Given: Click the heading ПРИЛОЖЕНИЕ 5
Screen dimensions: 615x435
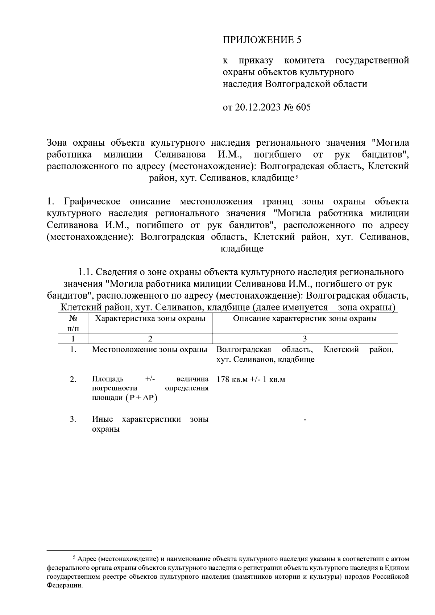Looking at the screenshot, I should tap(262, 40).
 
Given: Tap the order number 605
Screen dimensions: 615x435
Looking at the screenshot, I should tap(303, 108).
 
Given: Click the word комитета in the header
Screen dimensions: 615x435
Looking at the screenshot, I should tap(304, 60).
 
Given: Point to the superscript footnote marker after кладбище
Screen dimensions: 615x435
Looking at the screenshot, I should tap(296, 176).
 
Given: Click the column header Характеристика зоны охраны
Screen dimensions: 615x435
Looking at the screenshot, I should tap(150, 319).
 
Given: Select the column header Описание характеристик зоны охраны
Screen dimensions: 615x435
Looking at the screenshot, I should tap(304, 319).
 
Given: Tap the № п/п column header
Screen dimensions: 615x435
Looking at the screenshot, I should tap(73, 323).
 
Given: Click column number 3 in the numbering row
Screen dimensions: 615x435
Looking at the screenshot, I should tap(304, 338).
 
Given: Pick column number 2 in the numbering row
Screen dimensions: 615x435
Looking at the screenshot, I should tap(150, 338).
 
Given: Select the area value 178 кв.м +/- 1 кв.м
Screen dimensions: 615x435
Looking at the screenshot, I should tap(251, 379).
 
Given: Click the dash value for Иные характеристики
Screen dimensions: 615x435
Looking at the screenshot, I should tap(305, 420).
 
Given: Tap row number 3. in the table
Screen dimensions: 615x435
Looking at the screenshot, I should tap(73, 419).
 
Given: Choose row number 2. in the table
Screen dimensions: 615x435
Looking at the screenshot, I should tap(73, 379).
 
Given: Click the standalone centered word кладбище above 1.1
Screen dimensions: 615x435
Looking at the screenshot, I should tap(242, 249).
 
